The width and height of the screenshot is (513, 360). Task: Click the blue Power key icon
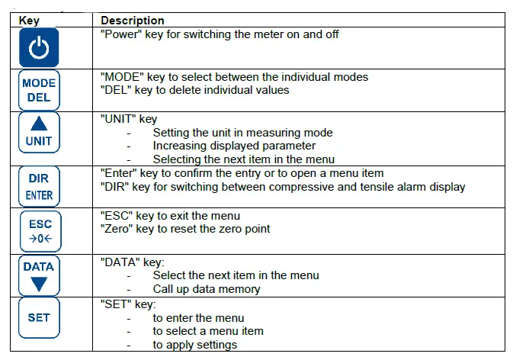click(x=39, y=48)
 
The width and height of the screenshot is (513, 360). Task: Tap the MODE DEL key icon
click(x=39, y=90)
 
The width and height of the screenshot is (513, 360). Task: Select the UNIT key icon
click(x=39, y=133)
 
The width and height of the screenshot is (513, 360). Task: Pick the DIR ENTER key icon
click(x=39, y=185)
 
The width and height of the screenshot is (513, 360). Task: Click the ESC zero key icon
click(x=39, y=231)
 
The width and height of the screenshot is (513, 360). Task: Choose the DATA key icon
click(x=39, y=275)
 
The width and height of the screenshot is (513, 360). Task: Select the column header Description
click(x=132, y=20)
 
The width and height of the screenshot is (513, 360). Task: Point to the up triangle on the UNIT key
click(x=39, y=124)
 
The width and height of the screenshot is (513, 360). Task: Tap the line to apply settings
click(x=194, y=345)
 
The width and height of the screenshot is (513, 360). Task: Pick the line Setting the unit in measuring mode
click(x=242, y=132)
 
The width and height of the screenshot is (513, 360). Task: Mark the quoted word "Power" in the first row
click(x=120, y=34)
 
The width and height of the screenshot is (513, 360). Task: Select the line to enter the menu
click(x=198, y=317)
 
